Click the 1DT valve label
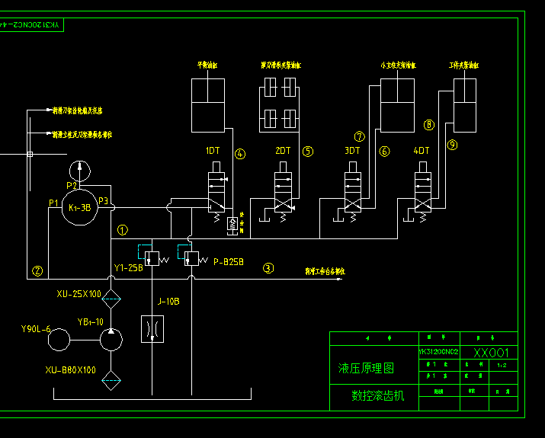click(213, 151)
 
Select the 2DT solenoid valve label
click(283, 151)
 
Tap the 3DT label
click(352, 151)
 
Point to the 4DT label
click(422, 151)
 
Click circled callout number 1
click(123, 229)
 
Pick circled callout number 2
click(37, 270)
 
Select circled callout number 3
click(268, 267)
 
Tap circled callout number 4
click(240, 154)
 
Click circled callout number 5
click(308, 151)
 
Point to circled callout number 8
click(429, 124)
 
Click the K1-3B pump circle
click(80, 206)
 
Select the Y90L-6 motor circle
click(59, 340)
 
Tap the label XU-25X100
click(79, 294)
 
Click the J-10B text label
click(168, 301)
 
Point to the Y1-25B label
click(128, 268)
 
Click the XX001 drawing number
click(492, 353)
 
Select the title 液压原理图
click(367, 368)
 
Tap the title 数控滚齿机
click(378, 395)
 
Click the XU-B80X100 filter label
click(70, 370)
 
